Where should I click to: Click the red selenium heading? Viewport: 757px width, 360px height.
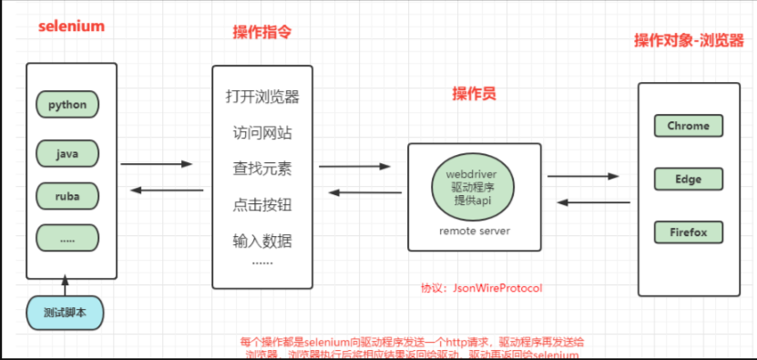pos(71,26)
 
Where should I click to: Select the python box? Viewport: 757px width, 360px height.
pos(67,105)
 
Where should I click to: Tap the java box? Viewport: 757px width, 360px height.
pos(67,154)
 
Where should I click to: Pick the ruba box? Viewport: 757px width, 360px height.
pos(67,195)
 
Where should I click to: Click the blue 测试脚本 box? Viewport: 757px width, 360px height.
pos(66,313)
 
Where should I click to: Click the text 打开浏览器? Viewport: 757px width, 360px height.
pos(262,97)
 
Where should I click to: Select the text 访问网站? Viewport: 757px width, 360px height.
pos(262,133)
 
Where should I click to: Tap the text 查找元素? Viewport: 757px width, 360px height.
pos(262,170)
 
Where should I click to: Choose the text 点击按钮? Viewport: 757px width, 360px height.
pos(262,205)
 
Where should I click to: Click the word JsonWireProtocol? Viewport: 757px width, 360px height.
pos(496,288)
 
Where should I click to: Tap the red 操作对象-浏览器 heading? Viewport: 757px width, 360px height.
pos(688,42)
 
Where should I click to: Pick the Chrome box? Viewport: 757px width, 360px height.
pos(688,126)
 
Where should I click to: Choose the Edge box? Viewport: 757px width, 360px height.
pos(688,179)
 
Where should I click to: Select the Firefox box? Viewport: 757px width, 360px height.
pos(688,231)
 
